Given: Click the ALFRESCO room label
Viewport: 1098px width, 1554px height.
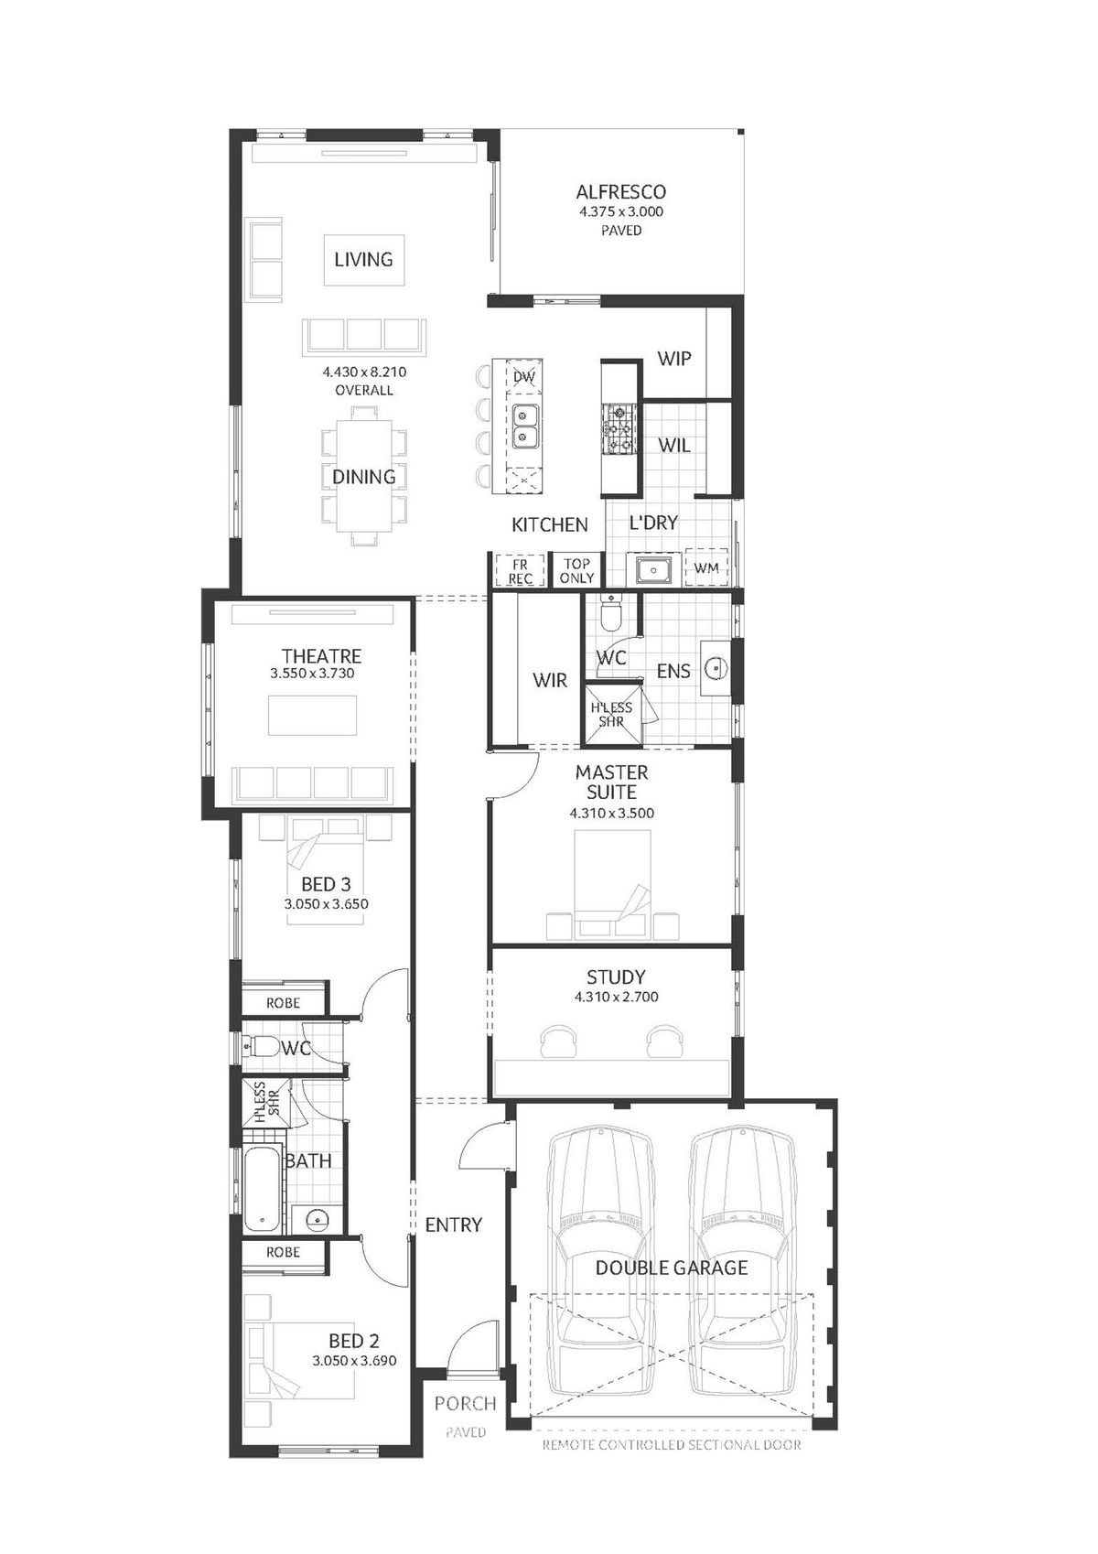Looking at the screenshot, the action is (620, 191).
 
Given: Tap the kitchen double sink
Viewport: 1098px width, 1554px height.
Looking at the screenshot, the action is (523, 426).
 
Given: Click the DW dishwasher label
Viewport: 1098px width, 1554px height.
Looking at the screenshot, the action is (524, 377).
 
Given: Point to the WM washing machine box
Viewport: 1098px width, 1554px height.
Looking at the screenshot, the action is (706, 567).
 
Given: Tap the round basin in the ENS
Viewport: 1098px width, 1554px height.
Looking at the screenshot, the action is (715, 668).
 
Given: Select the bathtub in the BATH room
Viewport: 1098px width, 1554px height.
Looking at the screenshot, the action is (263, 1189).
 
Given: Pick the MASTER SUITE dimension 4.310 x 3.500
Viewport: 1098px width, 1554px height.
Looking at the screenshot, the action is (612, 813).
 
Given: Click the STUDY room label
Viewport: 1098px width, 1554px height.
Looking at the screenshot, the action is (616, 977).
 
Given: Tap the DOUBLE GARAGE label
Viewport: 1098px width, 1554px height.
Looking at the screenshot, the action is (672, 1268).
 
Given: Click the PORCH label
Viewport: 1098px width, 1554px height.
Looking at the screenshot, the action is (466, 1404).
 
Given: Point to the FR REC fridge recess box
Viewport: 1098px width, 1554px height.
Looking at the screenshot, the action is (521, 571).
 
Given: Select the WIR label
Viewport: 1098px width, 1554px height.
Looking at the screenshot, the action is (550, 681).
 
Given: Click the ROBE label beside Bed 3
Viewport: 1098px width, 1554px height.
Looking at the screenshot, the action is (283, 1003).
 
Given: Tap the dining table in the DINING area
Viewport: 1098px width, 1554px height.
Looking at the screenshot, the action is (364, 476).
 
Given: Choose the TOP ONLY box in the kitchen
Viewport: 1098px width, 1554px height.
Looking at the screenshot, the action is (577, 571).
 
